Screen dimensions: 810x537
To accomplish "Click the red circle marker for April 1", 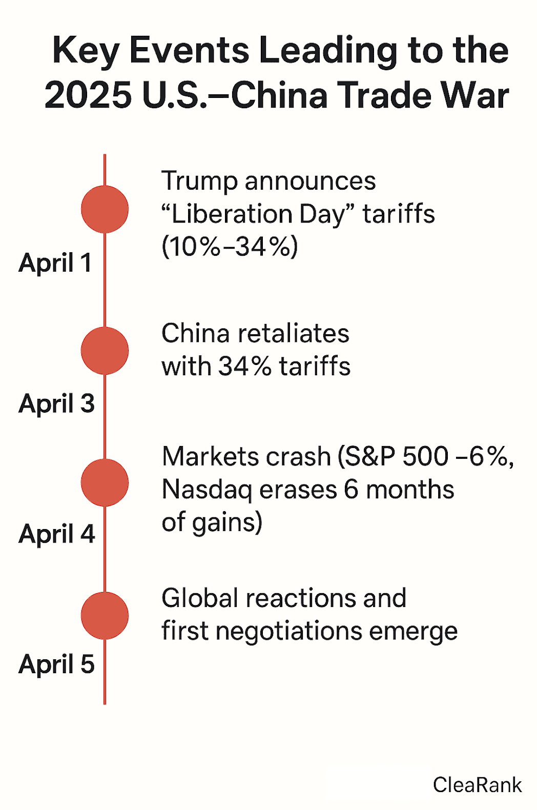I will [105, 209].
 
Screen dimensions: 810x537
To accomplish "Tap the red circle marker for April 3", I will [105, 351].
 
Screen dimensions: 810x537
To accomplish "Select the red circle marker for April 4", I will [105, 482].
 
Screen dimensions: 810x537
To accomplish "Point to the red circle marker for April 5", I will [105, 615].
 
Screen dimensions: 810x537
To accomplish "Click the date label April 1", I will [55, 264].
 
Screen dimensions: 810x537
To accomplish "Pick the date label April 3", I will [56, 404].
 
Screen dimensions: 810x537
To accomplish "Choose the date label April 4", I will [56, 534].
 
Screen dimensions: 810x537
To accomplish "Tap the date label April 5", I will [56, 664].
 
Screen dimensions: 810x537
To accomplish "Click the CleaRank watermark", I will [477, 785].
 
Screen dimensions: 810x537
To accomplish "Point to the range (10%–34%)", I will [230, 247].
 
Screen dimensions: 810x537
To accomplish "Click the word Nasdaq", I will [206, 490].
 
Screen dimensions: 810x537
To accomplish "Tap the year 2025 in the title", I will [88, 95].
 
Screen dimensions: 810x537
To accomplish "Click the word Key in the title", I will [86, 51].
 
